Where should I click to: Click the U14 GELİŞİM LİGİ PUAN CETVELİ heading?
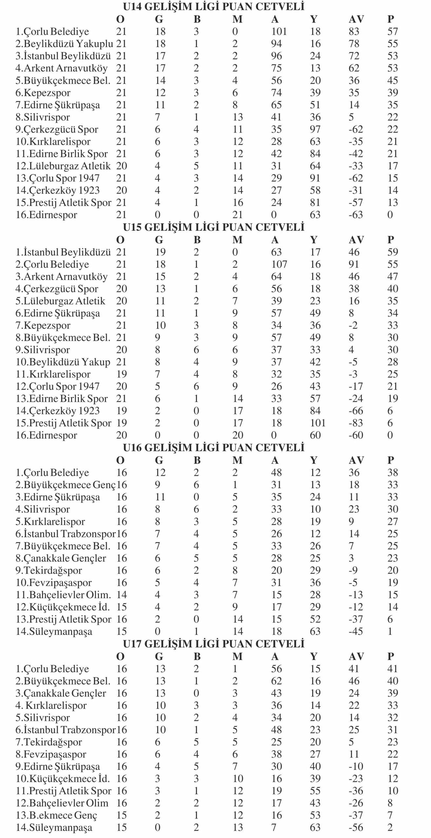(214, 7)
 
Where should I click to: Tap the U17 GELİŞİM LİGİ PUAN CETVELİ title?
(214, 644)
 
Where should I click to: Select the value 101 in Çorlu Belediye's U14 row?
(279, 31)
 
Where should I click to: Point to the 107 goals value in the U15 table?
(279, 264)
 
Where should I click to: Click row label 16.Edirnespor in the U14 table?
(47, 215)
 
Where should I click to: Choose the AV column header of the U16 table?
(356, 460)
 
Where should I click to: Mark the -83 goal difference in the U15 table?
(356, 423)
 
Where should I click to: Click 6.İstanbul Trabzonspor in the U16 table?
(66, 534)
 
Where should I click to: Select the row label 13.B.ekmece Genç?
(57, 815)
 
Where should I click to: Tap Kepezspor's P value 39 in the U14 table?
(392, 93)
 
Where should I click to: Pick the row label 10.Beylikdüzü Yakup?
(63, 362)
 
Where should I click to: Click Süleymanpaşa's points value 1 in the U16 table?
(390, 631)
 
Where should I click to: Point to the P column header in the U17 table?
(390, 656)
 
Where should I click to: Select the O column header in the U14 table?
(120, 19)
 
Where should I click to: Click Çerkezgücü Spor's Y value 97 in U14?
(315, 129)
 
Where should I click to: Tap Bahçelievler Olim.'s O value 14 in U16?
(121, 595)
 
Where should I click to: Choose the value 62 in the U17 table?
(276, 681)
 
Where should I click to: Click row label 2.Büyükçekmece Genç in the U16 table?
(66, 485)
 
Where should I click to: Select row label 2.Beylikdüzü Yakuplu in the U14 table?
(65, 44)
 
